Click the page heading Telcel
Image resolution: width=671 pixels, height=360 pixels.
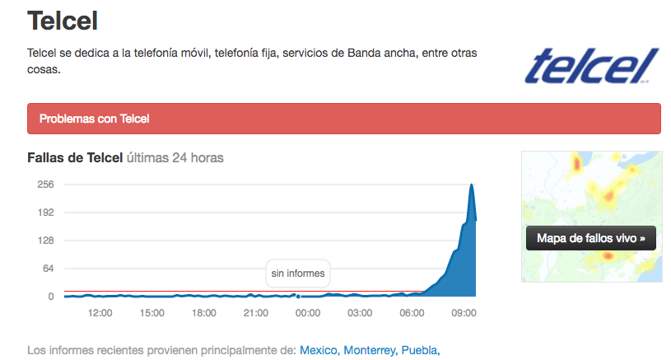[63, 21]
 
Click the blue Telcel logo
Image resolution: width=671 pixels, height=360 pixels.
[592, 67]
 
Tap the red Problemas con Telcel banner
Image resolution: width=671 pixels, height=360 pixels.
[344, 119]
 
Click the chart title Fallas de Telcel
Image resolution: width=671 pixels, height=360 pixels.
[75, 157]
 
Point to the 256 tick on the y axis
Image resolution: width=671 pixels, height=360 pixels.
[45, 185]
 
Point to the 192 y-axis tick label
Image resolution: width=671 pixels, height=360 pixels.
[45, 213]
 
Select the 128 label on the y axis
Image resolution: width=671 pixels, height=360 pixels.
[45, 241]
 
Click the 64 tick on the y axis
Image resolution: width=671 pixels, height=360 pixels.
[48, 269]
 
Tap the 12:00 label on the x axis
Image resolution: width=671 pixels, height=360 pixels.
[100, 313]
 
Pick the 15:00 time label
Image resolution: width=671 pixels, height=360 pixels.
[151, 313]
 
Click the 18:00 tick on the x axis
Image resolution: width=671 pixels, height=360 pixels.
[203, 313]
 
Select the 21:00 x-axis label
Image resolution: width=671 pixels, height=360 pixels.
[255, 313]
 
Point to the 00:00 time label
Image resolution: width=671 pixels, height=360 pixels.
[307, 313]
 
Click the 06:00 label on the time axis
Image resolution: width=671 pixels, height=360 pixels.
[412, 313]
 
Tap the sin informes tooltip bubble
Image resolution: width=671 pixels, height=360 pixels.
[298, 274]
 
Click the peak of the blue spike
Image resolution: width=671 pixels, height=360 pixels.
[472, 185]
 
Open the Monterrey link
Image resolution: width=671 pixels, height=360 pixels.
[369, 350]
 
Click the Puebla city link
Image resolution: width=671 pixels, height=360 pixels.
[419, 350]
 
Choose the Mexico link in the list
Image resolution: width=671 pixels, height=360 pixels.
[318, 350]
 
